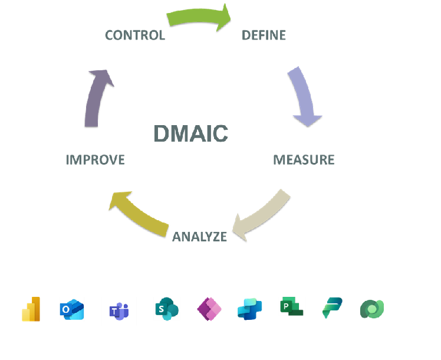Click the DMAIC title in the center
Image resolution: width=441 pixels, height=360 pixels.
click(x=190, y=133)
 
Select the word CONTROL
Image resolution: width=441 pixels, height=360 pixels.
click(x=134, y=35)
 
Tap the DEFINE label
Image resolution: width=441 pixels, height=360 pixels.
click(x=264, y=35)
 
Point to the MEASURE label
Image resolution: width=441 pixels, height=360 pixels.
click(x=304, y=159)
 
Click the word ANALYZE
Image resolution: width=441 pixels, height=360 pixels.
click(x=199, y=237)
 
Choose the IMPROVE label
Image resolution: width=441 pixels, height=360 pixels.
click(x=96, y=159)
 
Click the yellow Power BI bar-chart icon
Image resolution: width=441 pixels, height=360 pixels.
click(x=31, y=309)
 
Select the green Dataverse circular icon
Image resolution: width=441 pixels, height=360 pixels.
click(x=372, y=309)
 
